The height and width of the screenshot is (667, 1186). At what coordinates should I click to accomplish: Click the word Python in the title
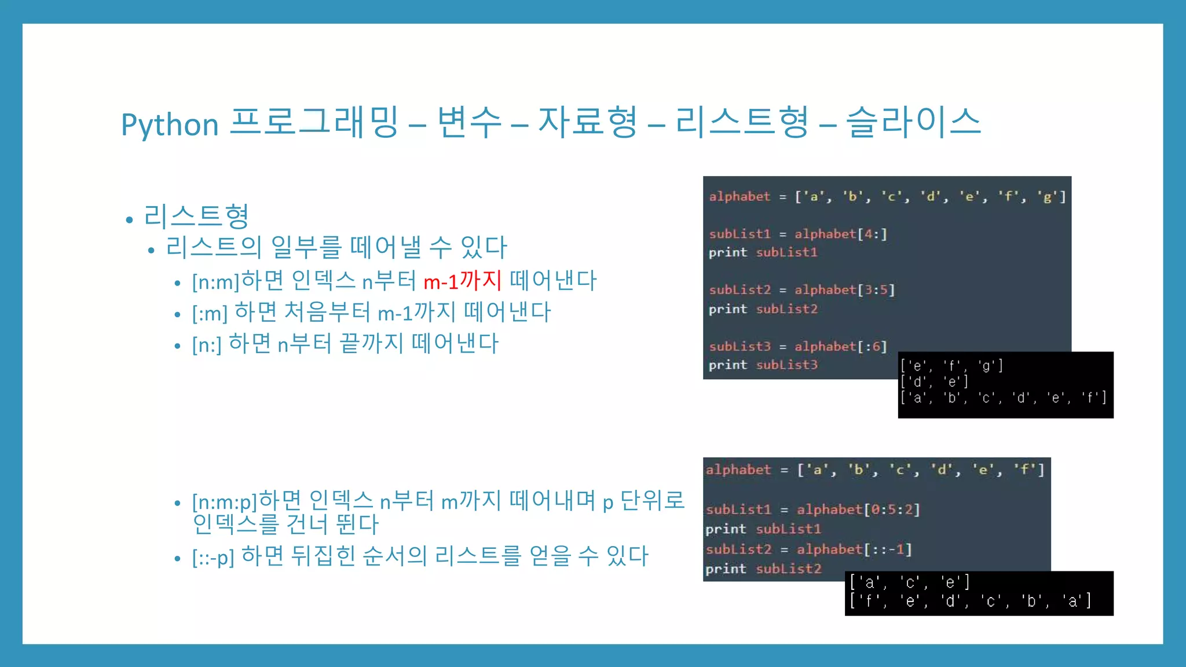(170, 124)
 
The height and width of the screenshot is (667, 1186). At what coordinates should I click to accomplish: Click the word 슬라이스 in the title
(913, 122)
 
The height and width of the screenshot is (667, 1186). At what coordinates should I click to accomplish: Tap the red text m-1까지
(462, 281)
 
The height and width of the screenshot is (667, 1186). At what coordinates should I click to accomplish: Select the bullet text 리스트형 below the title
(196, 216)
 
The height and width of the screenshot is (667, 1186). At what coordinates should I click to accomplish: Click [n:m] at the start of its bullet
(215, 282)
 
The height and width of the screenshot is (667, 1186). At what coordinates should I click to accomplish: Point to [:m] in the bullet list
(210, 314)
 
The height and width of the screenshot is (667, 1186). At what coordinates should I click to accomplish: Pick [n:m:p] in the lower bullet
(224, 501)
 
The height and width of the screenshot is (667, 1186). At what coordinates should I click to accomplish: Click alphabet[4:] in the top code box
(840, 234)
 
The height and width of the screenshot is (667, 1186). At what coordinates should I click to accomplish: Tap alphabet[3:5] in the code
(844, 290)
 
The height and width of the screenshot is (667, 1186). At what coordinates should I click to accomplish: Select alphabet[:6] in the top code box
(840, 346)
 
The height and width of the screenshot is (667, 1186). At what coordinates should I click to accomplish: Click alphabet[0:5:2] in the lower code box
(858, 510)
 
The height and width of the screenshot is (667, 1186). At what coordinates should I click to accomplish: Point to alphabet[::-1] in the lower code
(854, 549)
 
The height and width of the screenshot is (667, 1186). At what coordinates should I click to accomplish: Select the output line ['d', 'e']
(934, 382)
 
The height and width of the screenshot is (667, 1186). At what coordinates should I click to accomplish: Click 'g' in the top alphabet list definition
(1047, 197)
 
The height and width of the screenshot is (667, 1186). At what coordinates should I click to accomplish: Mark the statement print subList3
(763, 365)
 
